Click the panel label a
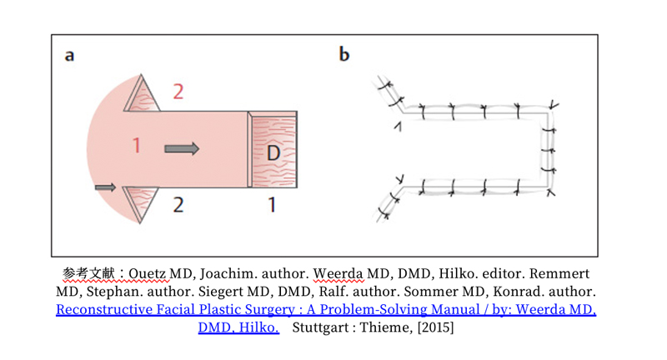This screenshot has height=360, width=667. point(70,56)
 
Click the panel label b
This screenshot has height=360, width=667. point(344,55)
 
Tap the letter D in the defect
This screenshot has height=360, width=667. point(273,153)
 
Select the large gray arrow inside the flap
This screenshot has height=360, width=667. point(182,148)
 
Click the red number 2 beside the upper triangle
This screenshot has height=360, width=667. point(178,91)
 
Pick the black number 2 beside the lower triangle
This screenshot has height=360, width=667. point(178,204)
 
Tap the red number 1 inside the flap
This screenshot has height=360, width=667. point(137,147)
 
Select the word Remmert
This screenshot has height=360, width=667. point(565,274)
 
